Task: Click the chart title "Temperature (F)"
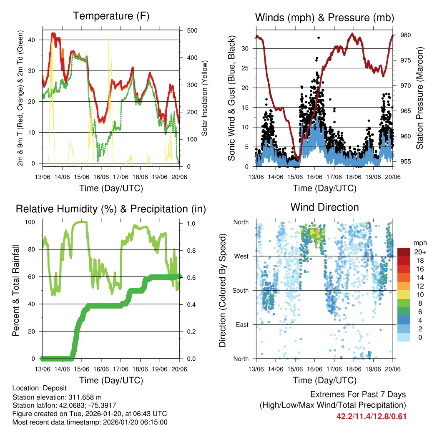tap(111, 16)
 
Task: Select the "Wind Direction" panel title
tap(324, 207)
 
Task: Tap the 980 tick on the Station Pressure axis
tap(404, 35)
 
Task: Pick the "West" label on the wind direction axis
tap(241, 256)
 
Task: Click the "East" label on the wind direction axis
tap(242, 324)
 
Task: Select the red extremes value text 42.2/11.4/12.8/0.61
tap(371, 416)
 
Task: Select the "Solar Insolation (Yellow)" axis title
tap(205, 98)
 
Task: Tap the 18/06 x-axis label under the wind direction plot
tap(354, 369)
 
